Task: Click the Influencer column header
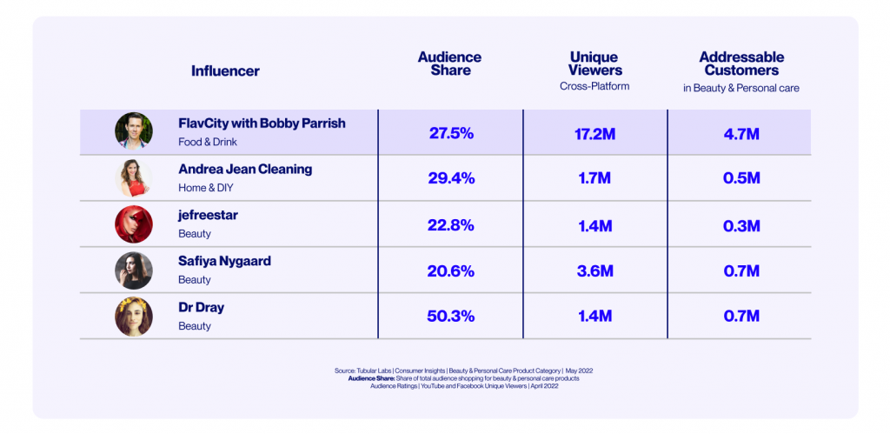tap(225, 71)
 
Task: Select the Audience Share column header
tap(449, 63)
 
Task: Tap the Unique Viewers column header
tap(594, 63)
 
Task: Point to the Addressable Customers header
tap(741, 63)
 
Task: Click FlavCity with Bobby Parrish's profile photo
tap(134, 131)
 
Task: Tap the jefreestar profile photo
tap(134, 224)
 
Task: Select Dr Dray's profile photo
tap(134, 317)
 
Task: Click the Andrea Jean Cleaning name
tap(245, 170)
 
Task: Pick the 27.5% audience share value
tap(451, 133)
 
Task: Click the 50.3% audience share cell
tap(451, 317)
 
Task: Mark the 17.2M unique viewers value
tap(595, 133)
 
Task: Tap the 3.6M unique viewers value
tap(595, 270)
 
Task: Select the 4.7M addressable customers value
tap(741, 133)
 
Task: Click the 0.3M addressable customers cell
tap(741, 225)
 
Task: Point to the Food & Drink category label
tap(208, 141)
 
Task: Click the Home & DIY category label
tap(205, 187)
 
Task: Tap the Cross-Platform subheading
tap(594, 87)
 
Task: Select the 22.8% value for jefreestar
tap(451, 225)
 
